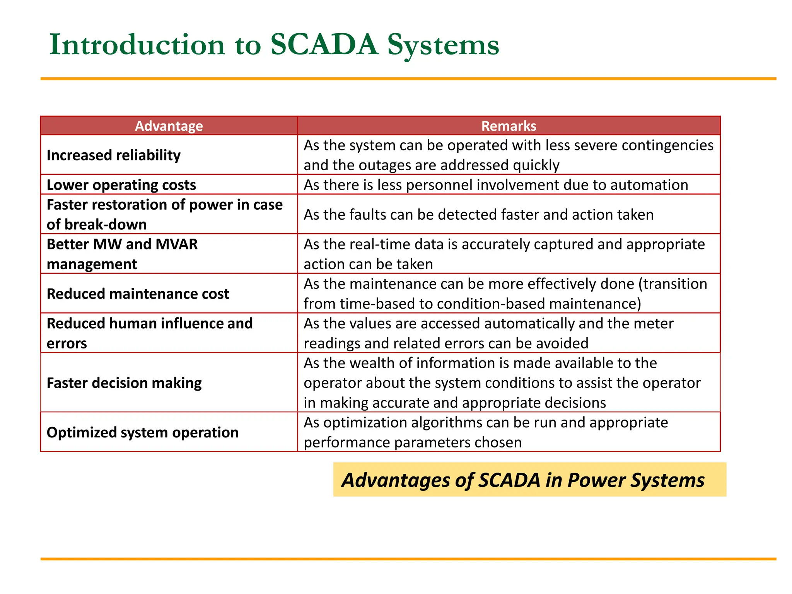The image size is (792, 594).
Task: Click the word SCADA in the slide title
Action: click(x=324, y=45)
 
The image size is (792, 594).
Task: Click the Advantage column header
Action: click(x=169, y=126)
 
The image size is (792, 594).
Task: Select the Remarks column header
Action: click(x=509, y=126)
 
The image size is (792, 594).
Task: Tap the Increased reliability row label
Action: click(x=114, y=155)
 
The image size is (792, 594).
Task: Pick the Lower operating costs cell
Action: click(x=121, y=185)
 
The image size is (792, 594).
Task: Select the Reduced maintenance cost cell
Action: click(x=138, y=294)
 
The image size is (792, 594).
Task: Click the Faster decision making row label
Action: click(x=124, y=383)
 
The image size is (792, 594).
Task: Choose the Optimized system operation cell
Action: click(x=143, y=432)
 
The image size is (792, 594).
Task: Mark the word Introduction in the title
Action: click(x=137, y=45)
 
